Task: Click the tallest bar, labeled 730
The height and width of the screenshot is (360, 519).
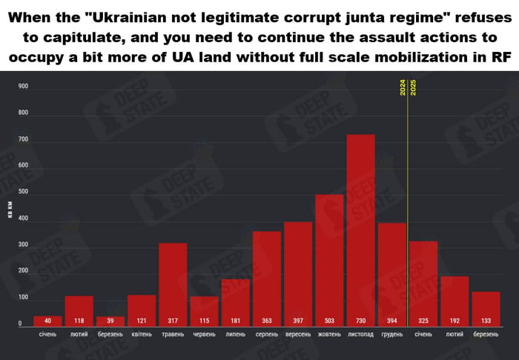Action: tap(361, 230)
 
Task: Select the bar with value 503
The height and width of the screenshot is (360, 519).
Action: tap(329, 259)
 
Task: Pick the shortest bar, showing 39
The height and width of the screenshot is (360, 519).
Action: tap(110, 321)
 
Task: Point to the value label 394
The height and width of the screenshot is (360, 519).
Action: tap(392, 321)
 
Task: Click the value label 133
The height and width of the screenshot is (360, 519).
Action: tap(486, 321)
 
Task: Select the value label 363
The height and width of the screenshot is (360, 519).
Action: tap(267, 321)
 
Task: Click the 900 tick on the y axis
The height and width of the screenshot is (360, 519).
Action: tap(23, 87)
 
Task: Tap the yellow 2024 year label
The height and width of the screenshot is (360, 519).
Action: tap(403, 88)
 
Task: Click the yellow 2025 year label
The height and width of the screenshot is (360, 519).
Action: tap(413, 88)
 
